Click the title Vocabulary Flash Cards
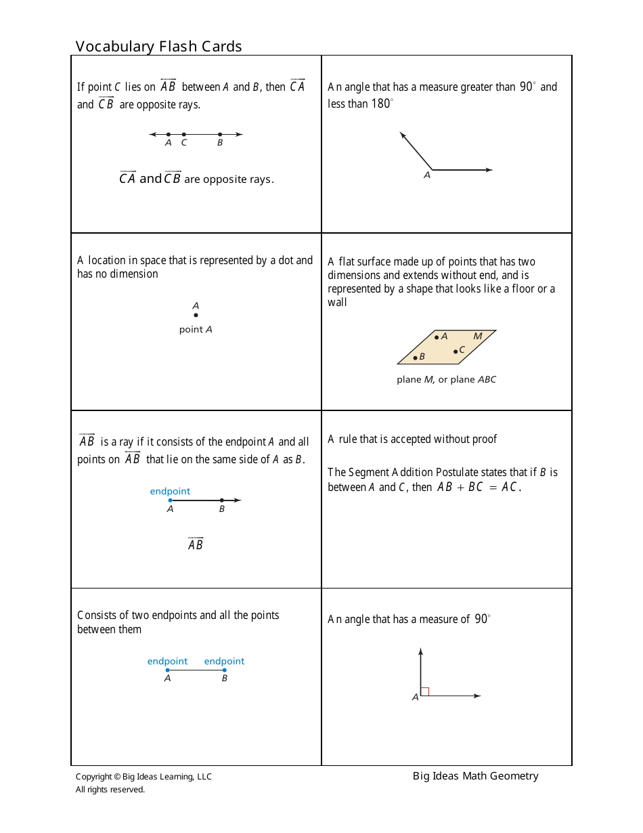click(158, 46)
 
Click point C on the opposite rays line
click(183, 134)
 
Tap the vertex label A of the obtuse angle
click(427, 175)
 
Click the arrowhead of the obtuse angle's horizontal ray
click(489, 170)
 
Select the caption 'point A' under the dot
click(196, 330)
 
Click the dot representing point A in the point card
click(196, 315)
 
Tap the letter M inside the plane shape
click(478, 337)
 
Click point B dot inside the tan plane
click(415, 358)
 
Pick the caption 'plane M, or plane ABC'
click(446, 380)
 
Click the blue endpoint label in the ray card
click(170, 492)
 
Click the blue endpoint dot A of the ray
click(170, 500)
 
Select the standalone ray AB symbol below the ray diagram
click(195, 544)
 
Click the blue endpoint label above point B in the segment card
click(224, 662)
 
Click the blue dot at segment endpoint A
click(168, 670)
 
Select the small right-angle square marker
click(425, 691)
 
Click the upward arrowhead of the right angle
click(420, 652)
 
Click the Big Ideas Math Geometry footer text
click(475, 776)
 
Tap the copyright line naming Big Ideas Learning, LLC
click(143, 777)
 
